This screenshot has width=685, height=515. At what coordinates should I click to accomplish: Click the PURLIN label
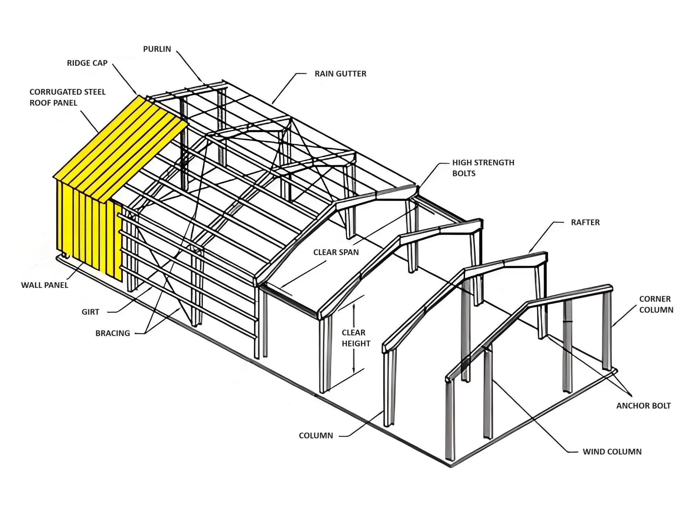click(x=157, y=49)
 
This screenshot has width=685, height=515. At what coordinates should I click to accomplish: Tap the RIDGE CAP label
click(x=87, y=63)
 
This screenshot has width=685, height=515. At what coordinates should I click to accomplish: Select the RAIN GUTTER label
click(x=340, y=74)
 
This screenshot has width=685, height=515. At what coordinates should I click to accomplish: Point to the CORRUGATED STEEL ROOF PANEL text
click(x=67, y=97)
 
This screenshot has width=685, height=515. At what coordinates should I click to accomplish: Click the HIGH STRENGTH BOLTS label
click(x=483, y=168)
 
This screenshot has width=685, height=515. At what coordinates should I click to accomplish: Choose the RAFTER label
click(x=585, y=222)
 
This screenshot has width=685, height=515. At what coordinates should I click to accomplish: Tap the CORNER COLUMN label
click(x=656, y=304)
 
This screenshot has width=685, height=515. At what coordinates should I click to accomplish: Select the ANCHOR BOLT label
click(x=643, y=406)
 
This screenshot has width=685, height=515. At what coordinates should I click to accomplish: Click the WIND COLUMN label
click(x=612, y=452)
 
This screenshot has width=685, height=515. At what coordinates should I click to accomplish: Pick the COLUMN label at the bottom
click(x=316, y=436)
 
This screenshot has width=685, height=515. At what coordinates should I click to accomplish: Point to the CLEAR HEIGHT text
click(x=356, y=338)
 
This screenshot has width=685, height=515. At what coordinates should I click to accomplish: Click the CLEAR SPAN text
click(x=336, y=252)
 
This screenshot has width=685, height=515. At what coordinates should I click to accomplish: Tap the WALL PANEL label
click(x=45, y=285)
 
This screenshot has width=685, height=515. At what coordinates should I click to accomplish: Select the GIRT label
click(x=90, y=312)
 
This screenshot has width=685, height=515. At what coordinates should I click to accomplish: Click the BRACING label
click(x=113, y=333)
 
